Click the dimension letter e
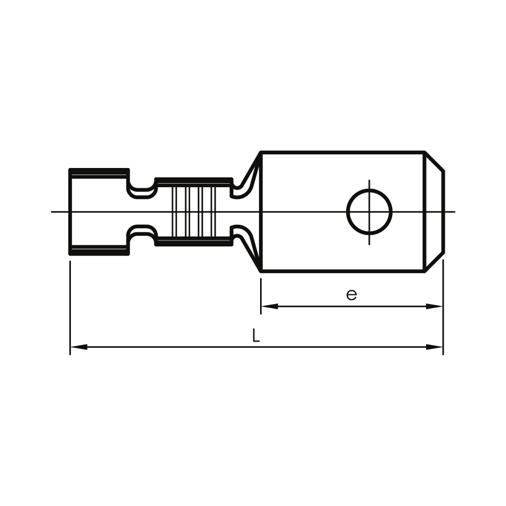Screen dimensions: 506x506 point(352,295)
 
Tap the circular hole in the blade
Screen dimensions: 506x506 point(369,212)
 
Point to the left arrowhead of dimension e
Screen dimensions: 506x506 point(270,306)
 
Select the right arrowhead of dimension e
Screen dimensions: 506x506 point(434,306)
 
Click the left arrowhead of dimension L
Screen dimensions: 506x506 point(79,347)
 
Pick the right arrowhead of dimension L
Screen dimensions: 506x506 point(434,347)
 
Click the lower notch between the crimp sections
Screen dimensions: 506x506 point(142,236)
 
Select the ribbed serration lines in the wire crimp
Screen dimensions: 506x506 point(194,212)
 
